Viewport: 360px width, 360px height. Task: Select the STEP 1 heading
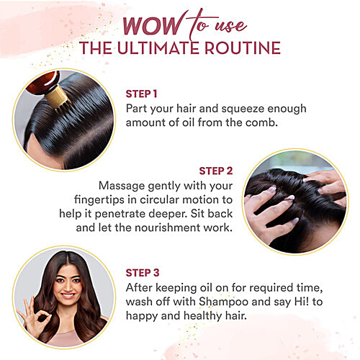(x=141, y=94)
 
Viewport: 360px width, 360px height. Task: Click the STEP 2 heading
(x=216, y=171)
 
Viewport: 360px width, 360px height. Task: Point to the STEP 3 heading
(x=143, y=273)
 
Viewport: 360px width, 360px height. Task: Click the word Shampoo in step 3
(x=223, y=302)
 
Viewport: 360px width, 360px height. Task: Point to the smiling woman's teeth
(x=68, y=295)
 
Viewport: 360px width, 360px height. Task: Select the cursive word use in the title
(x=230, y=27)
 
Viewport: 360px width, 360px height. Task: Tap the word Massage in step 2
(x=122, y=186)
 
